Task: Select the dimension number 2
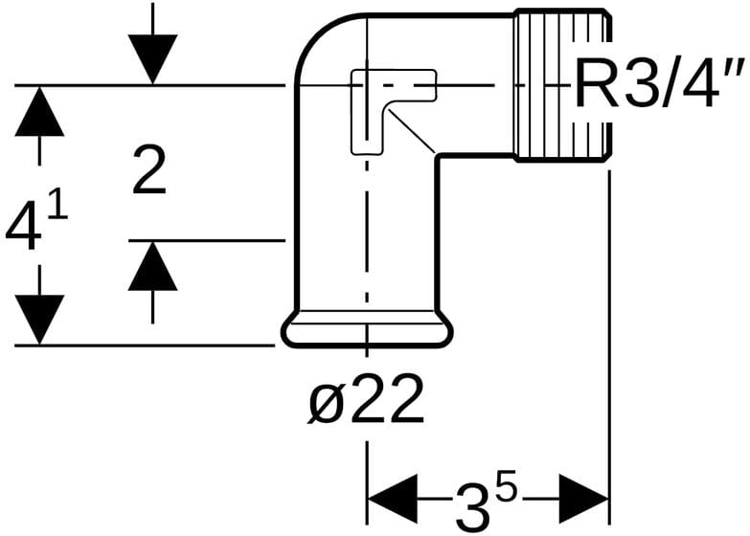(149, 173)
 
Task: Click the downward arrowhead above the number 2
(153, 59)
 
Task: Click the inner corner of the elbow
(438, 156)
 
